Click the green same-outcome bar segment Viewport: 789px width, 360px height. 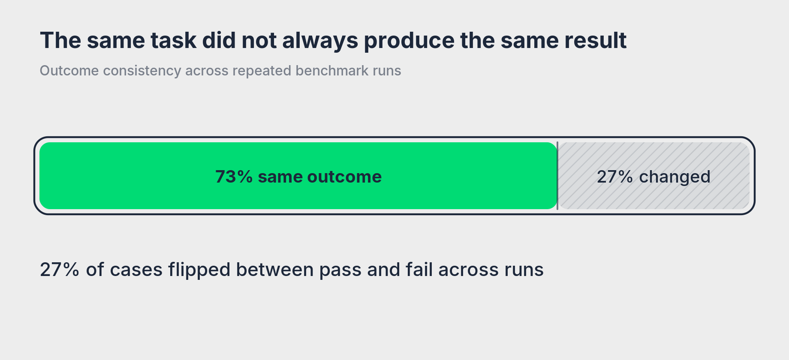(298, 176)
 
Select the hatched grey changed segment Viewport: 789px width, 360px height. (653, 176)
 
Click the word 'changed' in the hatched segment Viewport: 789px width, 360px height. (675, 177)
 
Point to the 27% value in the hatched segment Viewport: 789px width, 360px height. (615, 177)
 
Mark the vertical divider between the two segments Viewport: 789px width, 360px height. (557, 176)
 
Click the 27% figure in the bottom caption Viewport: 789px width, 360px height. (60, 270)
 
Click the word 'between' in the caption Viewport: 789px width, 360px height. (275, 270)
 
